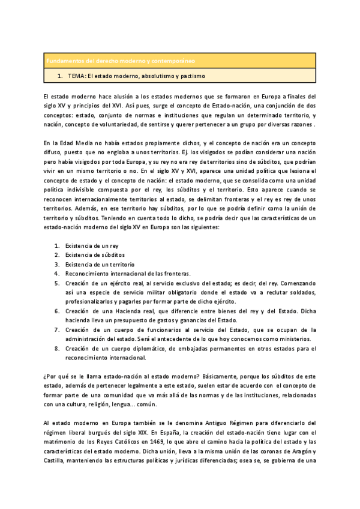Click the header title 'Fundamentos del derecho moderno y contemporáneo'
(121, 61)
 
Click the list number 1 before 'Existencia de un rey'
(57, 246)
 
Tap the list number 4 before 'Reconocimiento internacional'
(57, 273)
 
